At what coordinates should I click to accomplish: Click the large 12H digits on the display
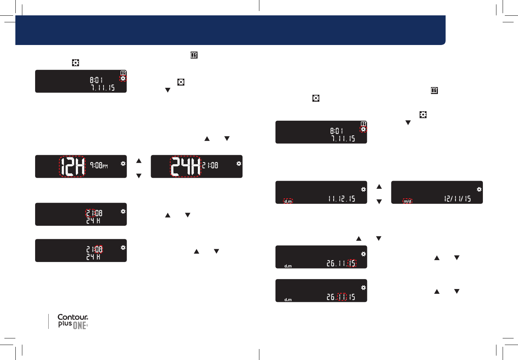tap(72, 166)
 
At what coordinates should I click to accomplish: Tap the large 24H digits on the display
tap(185, 166)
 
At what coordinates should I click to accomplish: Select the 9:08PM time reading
tap(99, 165)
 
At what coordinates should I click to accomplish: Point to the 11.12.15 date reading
tap(342, 199)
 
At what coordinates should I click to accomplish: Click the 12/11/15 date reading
tap(457, 199)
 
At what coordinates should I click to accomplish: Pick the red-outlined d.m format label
tap(288, 201)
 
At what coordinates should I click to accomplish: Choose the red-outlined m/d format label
tap(407, 201)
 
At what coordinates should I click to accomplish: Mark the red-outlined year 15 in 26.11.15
tap(352, 263)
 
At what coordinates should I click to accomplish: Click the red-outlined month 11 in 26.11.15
tap(342, 297)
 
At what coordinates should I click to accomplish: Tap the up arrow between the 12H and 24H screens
tap(139, 161)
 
